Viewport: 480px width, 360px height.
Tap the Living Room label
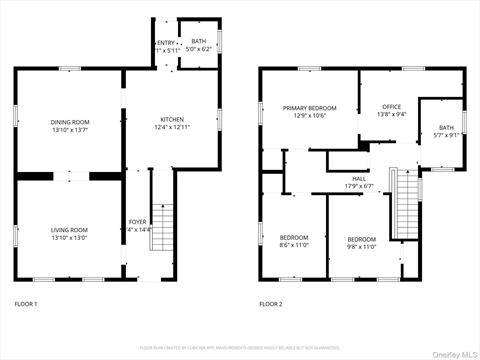point(69,230)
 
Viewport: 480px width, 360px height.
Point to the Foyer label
point(137,221)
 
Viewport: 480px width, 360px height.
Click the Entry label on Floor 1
point(165,43)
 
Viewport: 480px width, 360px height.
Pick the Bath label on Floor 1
point(199,41)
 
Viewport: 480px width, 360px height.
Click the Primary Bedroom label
point(309,107)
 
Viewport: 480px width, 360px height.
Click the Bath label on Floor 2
point(445,127)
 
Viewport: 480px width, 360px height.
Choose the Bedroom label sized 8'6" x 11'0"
point(294,237)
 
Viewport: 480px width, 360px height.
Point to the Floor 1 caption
point(26,303)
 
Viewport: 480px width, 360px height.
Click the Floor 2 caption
point(270,303)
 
